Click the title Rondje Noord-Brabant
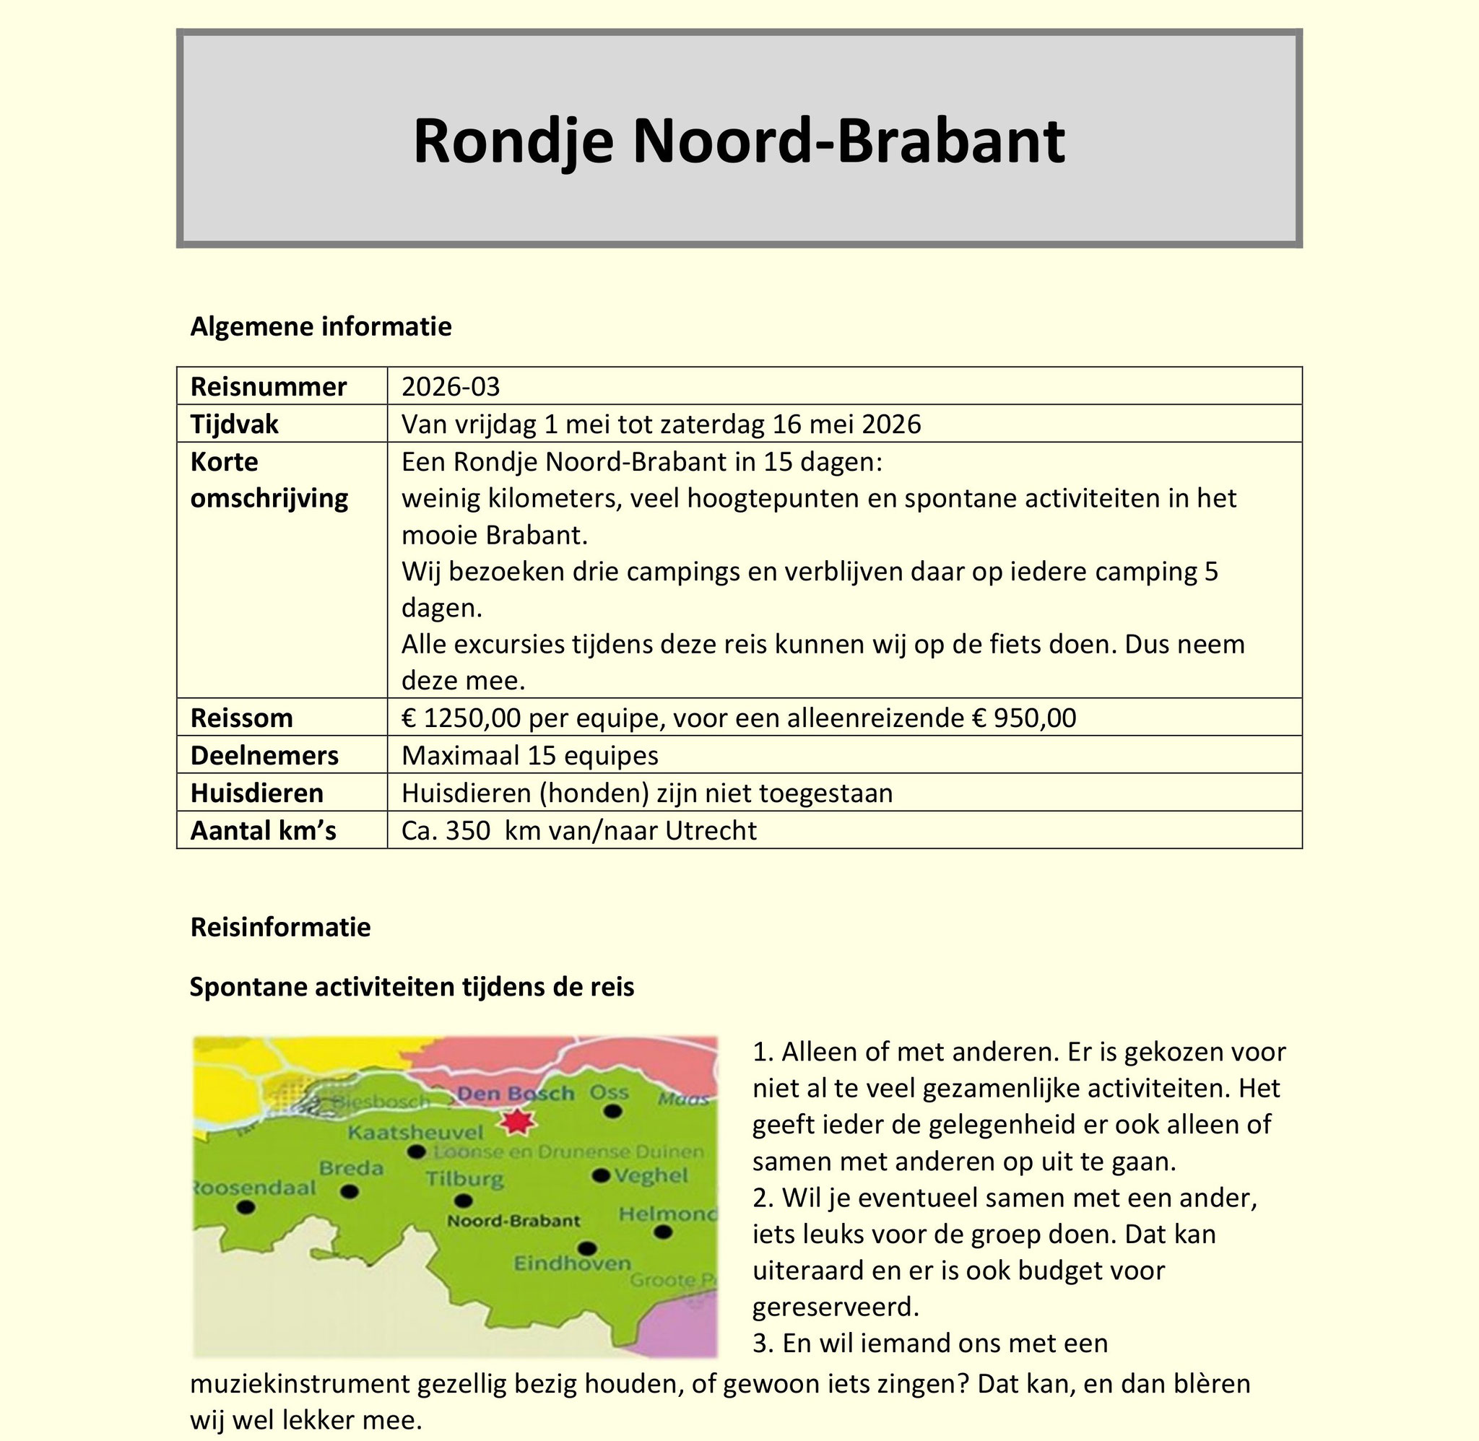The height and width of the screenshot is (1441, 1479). tap(739, 141)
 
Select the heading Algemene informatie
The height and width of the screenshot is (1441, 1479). tap(321, 326)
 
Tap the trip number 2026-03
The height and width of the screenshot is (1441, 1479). tap(451, 387)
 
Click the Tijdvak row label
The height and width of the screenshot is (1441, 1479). tap(235, 424)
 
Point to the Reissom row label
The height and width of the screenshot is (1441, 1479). tap(241, 718)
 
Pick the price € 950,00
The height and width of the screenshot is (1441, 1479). tap(1024, 718)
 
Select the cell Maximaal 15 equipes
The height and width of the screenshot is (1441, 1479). tap(530, 755)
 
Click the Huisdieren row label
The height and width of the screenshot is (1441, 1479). tap(256, 793)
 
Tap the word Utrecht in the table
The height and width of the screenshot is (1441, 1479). tap(711, 830)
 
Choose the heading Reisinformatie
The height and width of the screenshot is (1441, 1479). tap(281, 927)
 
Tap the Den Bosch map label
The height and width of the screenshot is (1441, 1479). tap(516, 1093)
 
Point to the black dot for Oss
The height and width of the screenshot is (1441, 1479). tap(614, 1111)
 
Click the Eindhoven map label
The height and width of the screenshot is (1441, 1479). tap(572, 1263)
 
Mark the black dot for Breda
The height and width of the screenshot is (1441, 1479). tap(349, 1191)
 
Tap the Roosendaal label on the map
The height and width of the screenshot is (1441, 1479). tap(254, 1188)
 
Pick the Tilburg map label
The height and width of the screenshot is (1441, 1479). tap(464, 1179)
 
